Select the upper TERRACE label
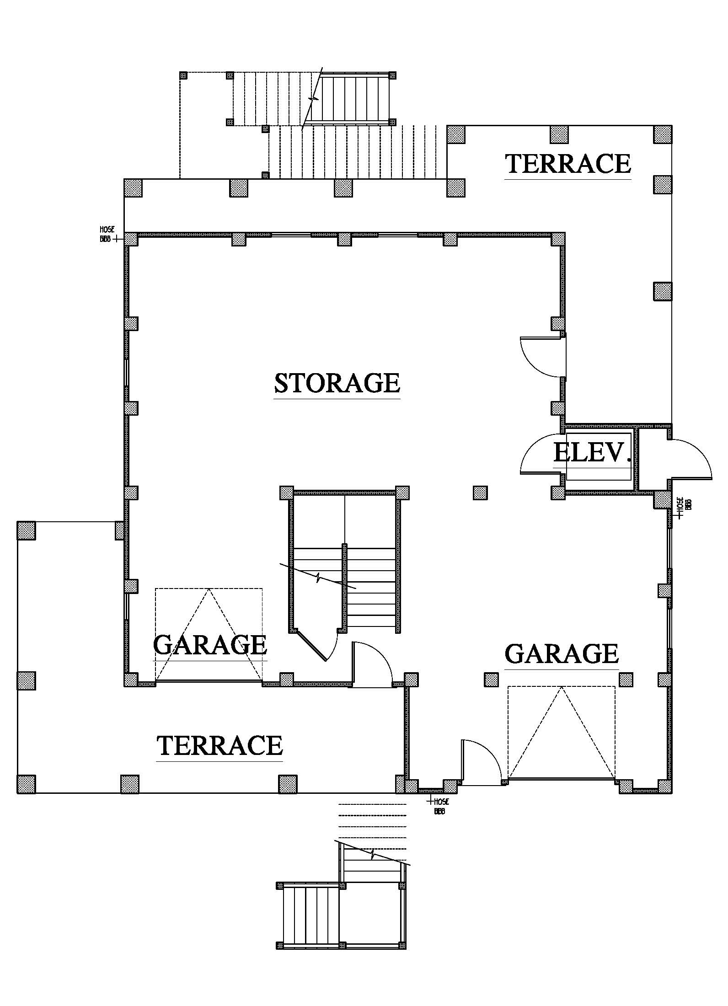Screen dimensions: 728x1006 click(x=568, y=164)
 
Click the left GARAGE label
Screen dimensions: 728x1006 click(x=210, y=644)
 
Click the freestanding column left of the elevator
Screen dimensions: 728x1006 click(x=480, y=492)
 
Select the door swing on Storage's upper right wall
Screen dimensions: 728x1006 click(x=541, y=357)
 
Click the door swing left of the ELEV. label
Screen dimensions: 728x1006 click(x=541, y=454)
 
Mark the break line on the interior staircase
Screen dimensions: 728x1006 click(x=318, y=577)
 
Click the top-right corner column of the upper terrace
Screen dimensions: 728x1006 click(x=663, y=134)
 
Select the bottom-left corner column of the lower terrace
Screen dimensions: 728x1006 click(x=27, y=784)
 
